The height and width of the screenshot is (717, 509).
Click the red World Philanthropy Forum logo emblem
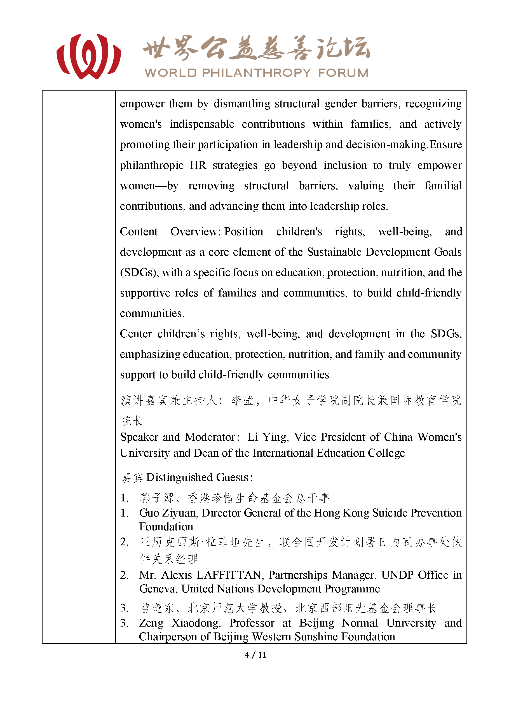click(89, 57)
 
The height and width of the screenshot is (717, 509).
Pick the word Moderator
click(210, 437)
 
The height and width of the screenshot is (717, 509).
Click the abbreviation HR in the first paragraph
click(198, 165)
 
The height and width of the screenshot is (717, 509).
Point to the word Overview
click(194, 232)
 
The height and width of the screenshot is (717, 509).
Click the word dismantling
click(242, 104)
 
